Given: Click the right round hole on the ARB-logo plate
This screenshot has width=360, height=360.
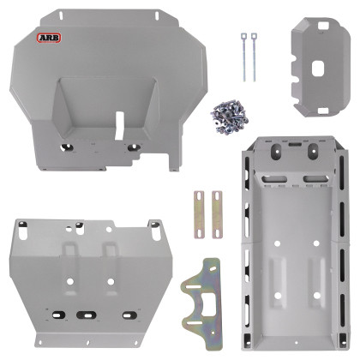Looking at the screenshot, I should pyautogui.click(x=132, y=147).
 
